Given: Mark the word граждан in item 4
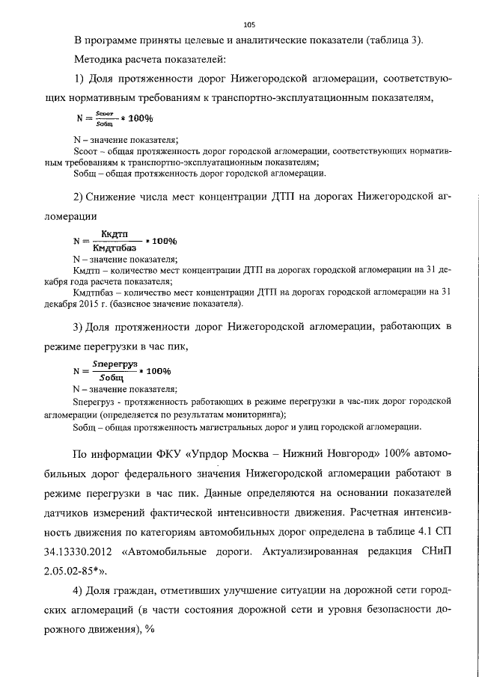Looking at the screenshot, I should tap(150, 591).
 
